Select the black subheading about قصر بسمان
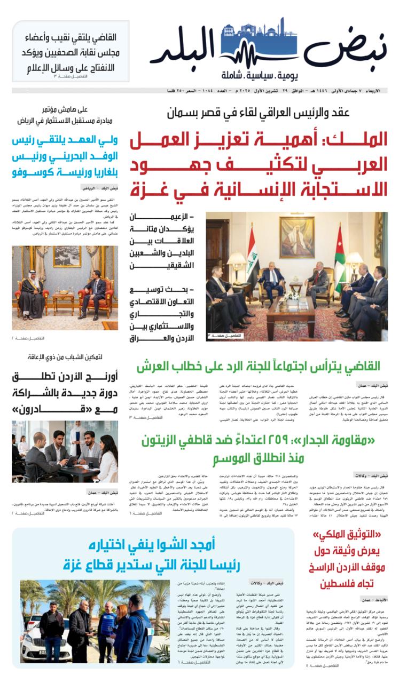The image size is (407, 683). tap(257, 113)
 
